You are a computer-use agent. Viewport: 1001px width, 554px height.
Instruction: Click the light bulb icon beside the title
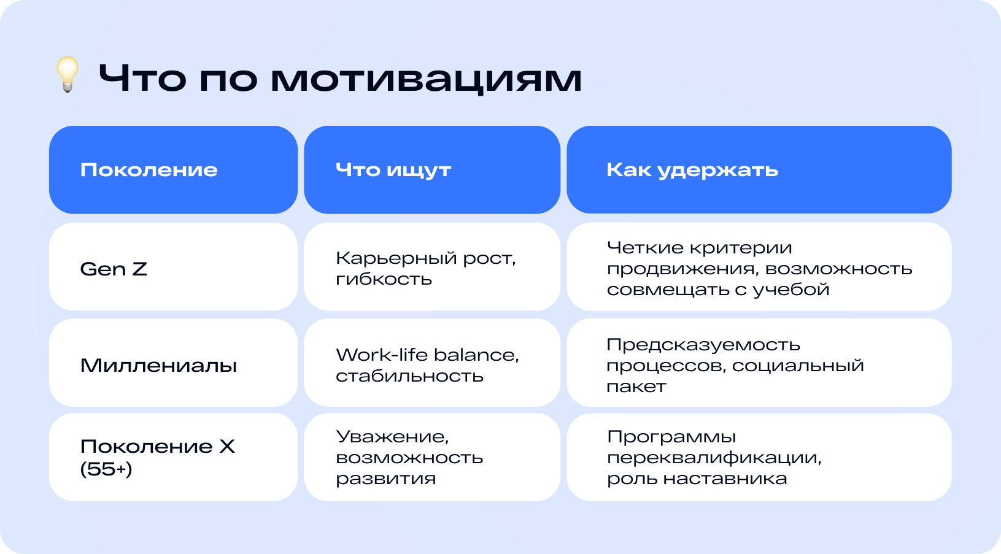point(68,74)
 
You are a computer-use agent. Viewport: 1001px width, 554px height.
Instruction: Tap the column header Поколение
point(149,170)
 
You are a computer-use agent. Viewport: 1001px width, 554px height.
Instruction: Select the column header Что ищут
point(393,170)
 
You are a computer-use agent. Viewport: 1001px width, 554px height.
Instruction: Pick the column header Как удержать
point(692,170)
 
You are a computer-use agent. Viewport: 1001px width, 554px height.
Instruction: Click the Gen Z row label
point(114,269)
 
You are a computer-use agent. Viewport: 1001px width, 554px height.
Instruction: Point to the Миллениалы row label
point(158,366)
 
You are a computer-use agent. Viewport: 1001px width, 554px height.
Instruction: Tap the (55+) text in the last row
point(106,469)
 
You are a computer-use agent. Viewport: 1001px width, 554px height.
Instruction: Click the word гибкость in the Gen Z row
point(384,279)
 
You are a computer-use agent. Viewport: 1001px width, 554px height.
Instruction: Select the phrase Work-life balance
point(428,355)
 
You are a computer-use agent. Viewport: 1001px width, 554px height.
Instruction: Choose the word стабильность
point(410,375)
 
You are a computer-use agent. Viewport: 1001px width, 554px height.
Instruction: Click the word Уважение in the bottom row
point(392,436)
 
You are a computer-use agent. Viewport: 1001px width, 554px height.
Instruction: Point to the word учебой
point(791,290)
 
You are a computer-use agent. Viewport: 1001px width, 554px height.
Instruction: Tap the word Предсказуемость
point(703,344)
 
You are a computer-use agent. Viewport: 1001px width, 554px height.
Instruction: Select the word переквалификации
point(714,458)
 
